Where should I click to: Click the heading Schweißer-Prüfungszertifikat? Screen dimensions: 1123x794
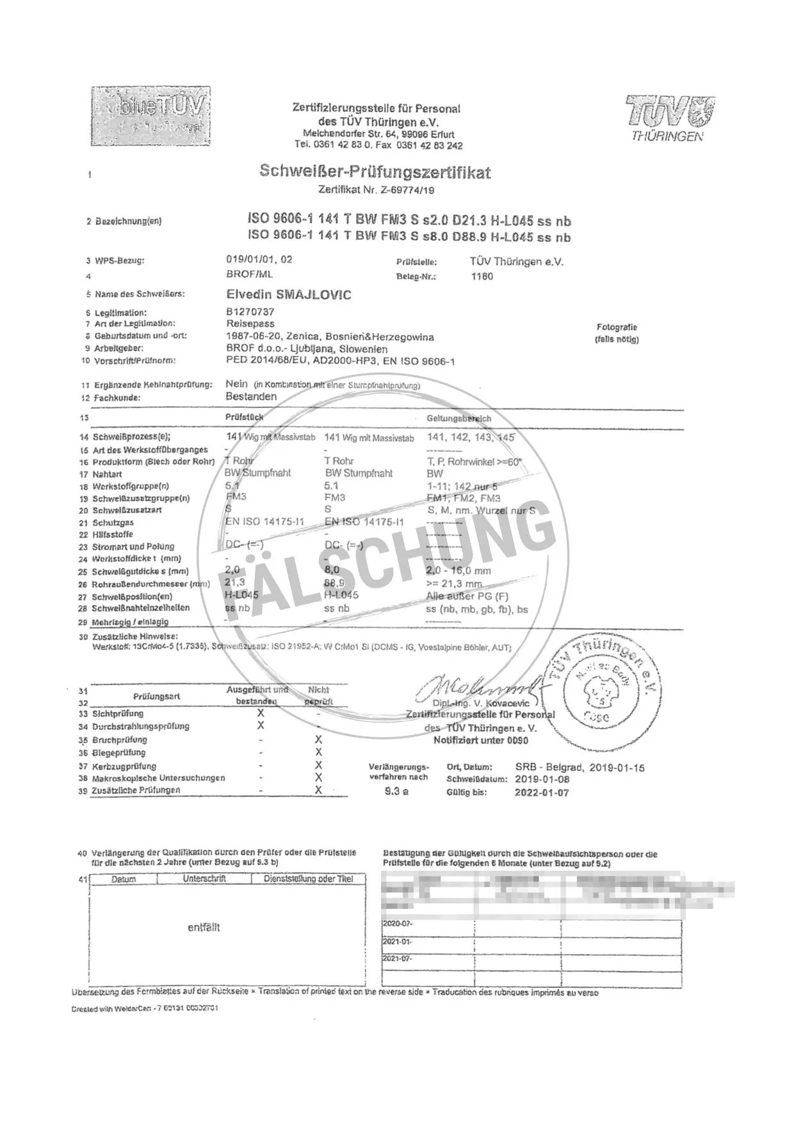click(x=375, y=172)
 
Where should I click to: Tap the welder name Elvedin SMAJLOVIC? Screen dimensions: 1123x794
click(x=288, y=295)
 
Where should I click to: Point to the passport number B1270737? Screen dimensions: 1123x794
click(x=250, y=312)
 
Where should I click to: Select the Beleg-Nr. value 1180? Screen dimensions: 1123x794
click(x=482, y=277)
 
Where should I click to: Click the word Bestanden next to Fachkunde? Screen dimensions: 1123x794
click(x=251, y=397)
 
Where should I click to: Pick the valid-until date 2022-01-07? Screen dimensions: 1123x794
click(x=542, y=792)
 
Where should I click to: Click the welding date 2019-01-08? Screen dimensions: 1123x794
click(x=542, y=779)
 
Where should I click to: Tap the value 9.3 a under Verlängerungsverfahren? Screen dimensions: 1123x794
click(x=396, y=791)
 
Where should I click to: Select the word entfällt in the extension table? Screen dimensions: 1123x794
click(x=204, y=927)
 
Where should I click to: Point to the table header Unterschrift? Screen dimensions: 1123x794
click(x=204, y=879)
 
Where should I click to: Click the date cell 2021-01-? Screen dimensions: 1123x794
click(x=398, y=942)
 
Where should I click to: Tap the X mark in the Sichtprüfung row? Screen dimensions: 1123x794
click(x=261, y=713)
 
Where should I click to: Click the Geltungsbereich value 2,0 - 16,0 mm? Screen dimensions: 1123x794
click(x=458, y=571)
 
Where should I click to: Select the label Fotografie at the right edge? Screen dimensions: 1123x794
click(x=617, y=327)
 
